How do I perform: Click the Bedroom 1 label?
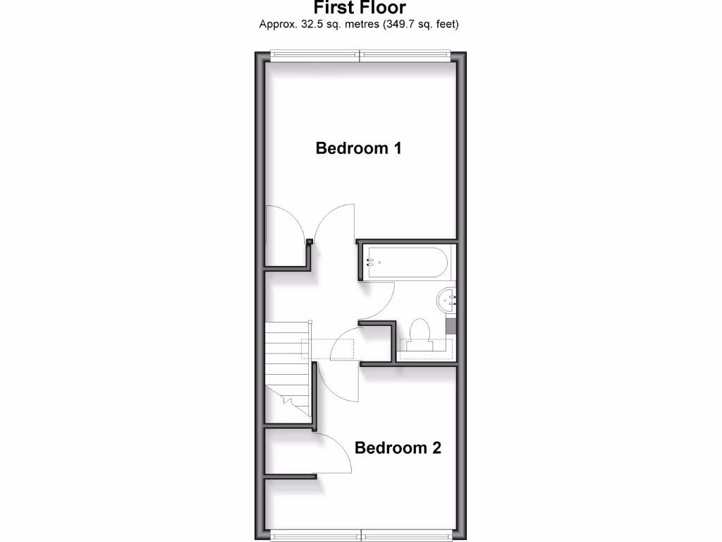coord(358,148)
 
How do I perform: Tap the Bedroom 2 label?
coord(398,447)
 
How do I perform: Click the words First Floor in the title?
coord(360,8)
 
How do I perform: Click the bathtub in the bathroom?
coord(405,262)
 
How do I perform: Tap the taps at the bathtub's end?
coord(369,262)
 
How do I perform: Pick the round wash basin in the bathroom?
coord(447,300)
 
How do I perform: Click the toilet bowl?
coord(420,332)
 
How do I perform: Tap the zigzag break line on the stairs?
coord(289,402)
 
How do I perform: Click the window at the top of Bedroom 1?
coord(360,54)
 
